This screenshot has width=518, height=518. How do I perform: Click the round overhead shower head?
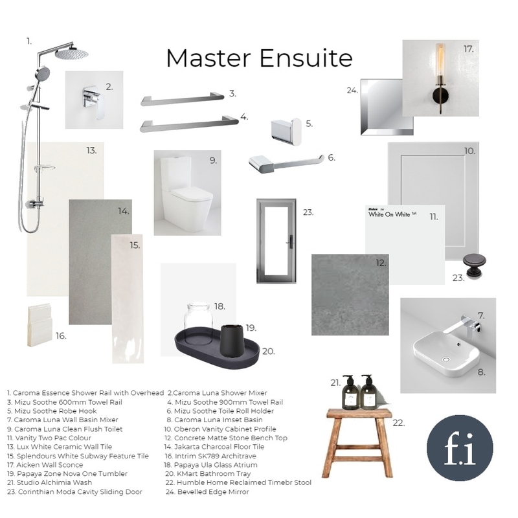click(x=72, y=54)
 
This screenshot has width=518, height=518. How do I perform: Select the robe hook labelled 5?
click(x=286, y=131)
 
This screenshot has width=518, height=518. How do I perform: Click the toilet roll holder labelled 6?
click(x=286, y=163)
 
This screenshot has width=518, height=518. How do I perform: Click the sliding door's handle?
click(x=291, y=241)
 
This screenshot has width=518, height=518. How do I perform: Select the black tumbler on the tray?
click(x=232, y=341)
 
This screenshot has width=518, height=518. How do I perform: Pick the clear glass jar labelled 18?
click(x=198, y=322)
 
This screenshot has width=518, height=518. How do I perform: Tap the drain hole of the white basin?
click(x=446, y=359)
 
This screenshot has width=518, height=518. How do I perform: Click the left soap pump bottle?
click(x=349, y=392)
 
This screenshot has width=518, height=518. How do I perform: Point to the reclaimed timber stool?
click(x=358, y=443)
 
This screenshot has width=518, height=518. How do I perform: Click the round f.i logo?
click(x=460, y=448)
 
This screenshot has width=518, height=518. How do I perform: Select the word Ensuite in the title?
click(x=306, y=58)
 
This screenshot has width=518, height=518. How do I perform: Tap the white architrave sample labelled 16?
click(x=39, y=326)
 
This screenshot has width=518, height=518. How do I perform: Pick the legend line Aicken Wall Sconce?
click(x=45, y=465)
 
